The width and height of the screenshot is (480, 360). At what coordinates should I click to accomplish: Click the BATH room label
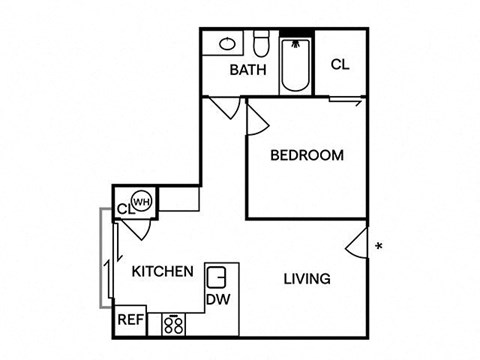click(246, 70)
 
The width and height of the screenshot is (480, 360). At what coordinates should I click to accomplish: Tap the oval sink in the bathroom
click(227, 44)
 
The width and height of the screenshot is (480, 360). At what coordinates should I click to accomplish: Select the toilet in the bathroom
click(260, 45)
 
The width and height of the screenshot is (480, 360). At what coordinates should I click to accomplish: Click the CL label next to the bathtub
click(340, 64)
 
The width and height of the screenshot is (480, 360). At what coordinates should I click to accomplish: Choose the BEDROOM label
click(307, 155)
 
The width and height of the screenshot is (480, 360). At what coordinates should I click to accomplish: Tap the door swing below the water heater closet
click(136, 227)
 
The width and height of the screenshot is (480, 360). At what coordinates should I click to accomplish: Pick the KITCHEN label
click(162, 271)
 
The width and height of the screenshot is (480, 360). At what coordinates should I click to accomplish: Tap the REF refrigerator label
click(130, 321)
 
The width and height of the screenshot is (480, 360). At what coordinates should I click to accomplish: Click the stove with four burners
click(174, 323)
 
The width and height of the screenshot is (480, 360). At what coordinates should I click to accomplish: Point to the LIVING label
click(306, 279)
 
